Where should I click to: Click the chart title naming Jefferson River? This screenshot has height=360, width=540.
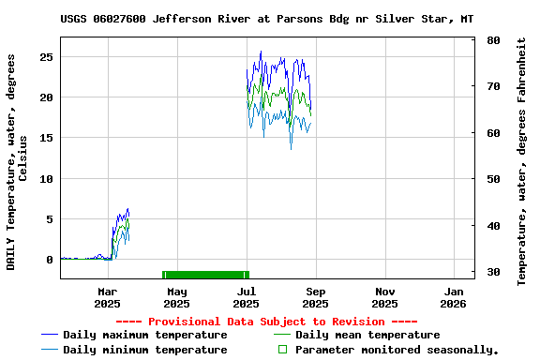pyautogui.click(x=266, y=19)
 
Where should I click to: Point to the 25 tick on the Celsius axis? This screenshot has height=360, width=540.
pyautogui.click(x=47, y=56)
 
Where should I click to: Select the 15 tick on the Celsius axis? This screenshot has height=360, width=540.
pyautogui.click(x=47, y=138)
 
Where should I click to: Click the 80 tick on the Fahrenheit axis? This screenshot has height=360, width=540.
pyautogui.click(x=493, y=40)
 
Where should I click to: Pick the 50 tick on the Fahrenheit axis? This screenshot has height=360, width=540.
pyautogui.click(x=493, y=179)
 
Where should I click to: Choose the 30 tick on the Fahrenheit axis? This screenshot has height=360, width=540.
pyautogui.click(x=493, y=272)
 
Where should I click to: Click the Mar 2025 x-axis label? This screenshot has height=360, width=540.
pyautogui.click(x=108, y=298)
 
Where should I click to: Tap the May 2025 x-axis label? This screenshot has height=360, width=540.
pyautogui.click(x=176, y=298)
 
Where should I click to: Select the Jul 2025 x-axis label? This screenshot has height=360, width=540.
pyautogui.click(x=246, y=298)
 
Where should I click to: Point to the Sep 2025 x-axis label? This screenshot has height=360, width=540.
pyautogui.click(x=316, y=298)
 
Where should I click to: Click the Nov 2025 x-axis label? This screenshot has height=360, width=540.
pyautogui.click(x=384, y=298)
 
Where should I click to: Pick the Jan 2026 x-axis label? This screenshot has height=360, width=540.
pyautogui.click(x=454, y=298)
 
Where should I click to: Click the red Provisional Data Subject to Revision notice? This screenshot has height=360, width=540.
pyautogui.click(x=273, y=321)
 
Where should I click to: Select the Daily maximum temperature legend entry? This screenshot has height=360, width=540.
pyautogui.click(x=144, y=335)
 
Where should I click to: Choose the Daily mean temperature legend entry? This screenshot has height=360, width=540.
pyautogui.click(x=367, y=335)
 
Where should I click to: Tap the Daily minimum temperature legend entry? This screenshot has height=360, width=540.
pyautogui.click(x=144, y=350)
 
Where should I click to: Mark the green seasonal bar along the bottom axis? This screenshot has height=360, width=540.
pyautogui.click(x=205, y=274)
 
